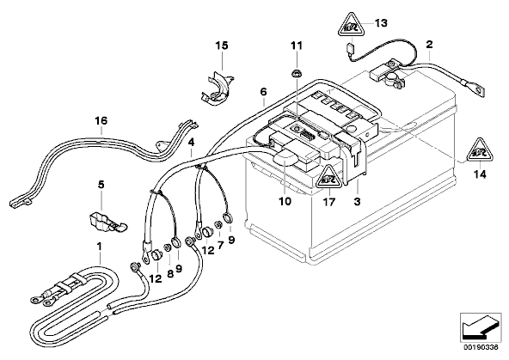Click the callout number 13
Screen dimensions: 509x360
click(381, 23)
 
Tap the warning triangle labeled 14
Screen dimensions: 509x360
click(480, 151)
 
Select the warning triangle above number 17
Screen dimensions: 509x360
click(328, 177)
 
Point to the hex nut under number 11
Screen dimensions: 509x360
click(296, 74)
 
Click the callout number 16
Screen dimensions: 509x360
click(101, 121)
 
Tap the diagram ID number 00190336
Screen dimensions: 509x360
click(480, 347)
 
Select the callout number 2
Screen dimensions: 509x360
click(430, 45)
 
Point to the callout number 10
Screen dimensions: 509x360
click(285, 201)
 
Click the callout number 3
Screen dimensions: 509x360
click(357, 202)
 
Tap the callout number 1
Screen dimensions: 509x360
click(100, 247)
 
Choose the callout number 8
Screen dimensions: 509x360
click(171, 274)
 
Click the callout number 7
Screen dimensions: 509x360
click(221, 245)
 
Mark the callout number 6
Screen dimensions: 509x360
click(263, 92)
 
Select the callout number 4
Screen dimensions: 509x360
click(191, 142)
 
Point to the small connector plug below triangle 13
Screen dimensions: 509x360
click(350, 49)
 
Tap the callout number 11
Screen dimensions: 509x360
click(296, 46)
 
